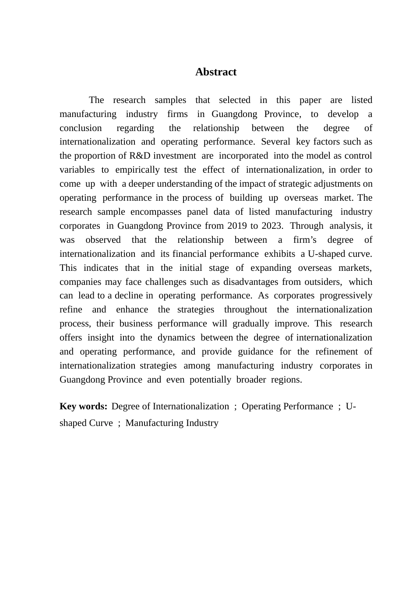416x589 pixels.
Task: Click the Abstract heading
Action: coord(216,72)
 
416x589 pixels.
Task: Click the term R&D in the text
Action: coord(140,156)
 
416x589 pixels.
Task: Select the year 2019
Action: coord(237,226)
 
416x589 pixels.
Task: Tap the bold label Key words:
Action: coord(83,407)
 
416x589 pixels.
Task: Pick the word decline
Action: coord(129,296)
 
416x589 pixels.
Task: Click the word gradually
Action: coord(250,324)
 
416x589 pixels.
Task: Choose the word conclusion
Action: coord(81,128)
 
